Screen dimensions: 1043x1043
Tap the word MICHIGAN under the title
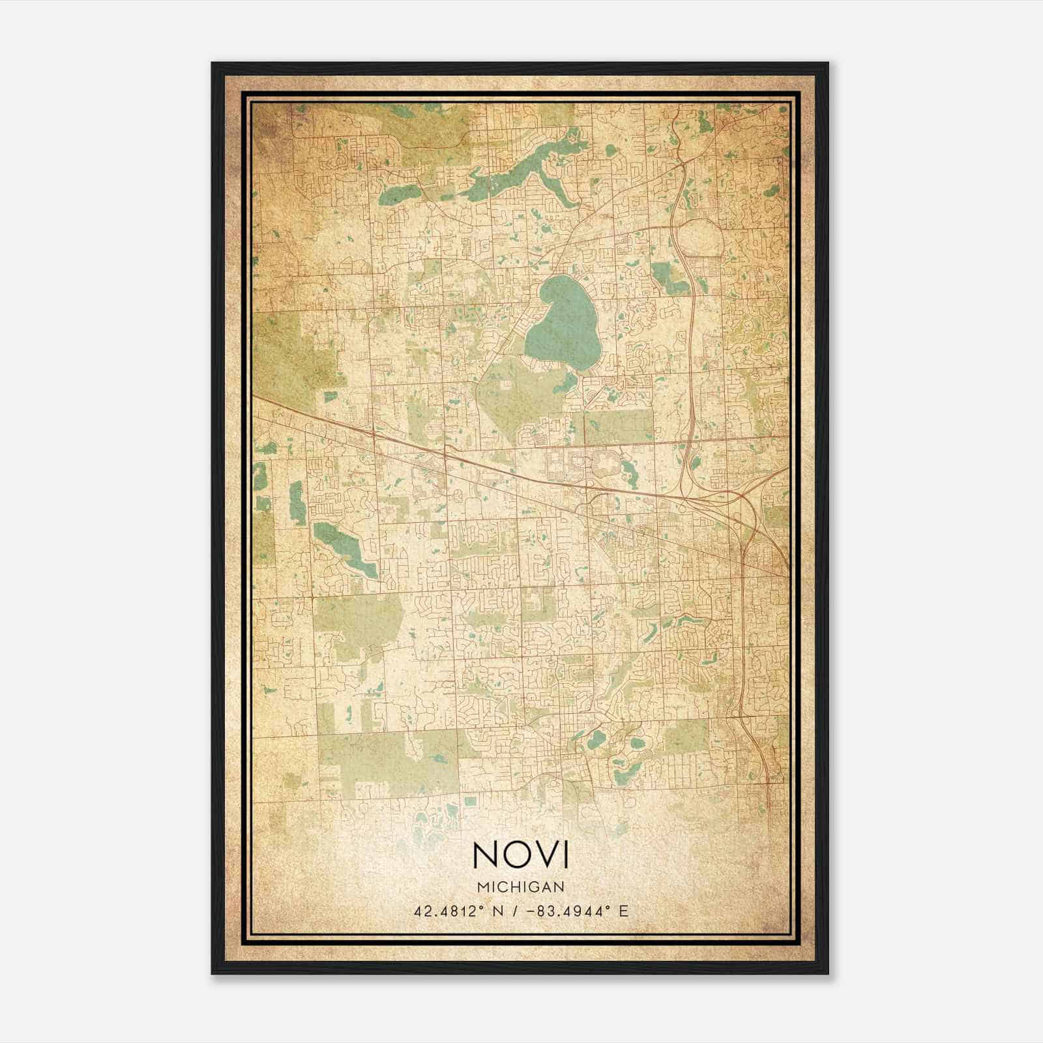[x=521, y=887]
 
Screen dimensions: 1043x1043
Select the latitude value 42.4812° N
[x=458, y=911]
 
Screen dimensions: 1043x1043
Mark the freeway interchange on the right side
[x=743, y=499]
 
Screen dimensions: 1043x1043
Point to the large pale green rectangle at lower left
[x=388, y=763]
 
